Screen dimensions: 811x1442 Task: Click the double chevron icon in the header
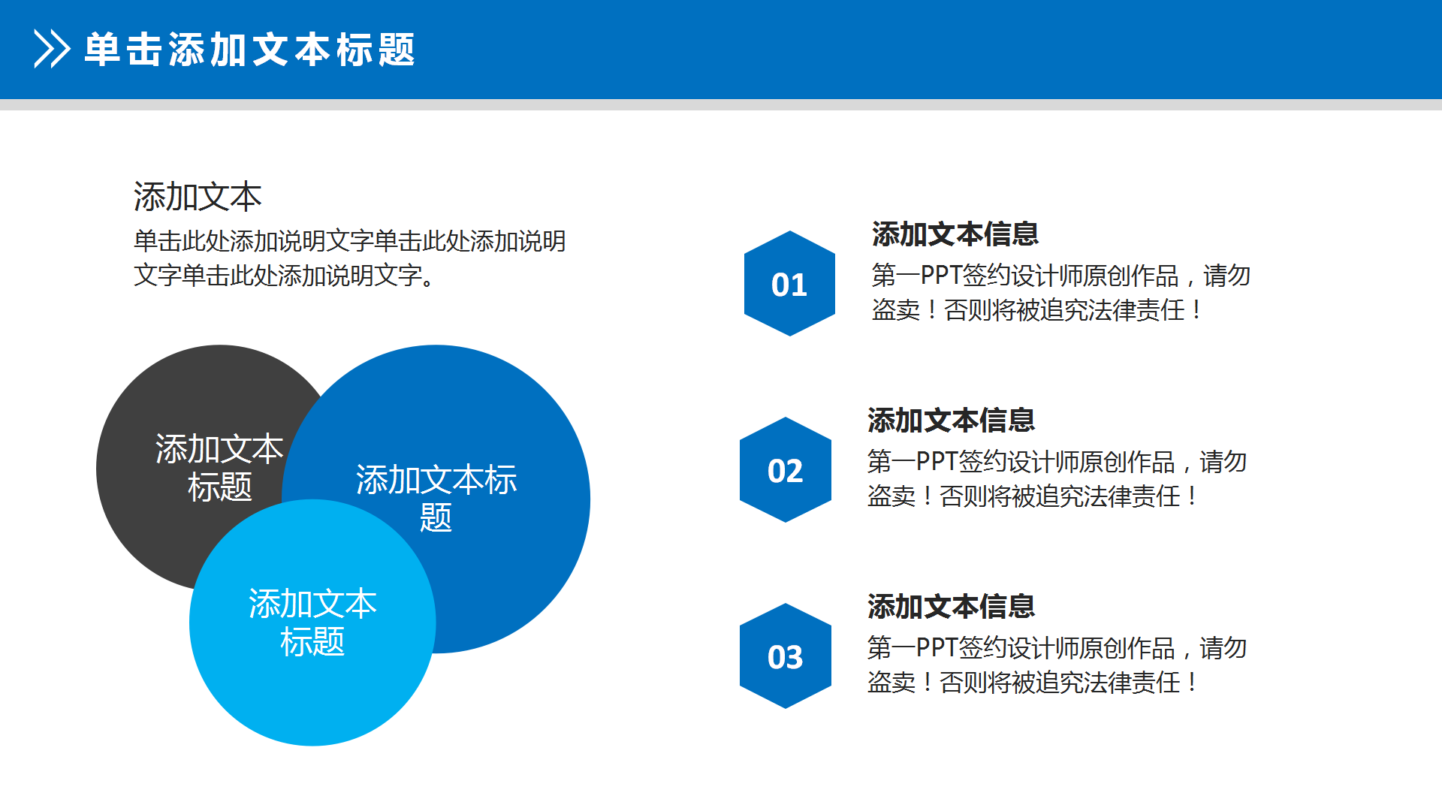pos(52,50)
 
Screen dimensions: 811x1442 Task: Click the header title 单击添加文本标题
pos(249,50)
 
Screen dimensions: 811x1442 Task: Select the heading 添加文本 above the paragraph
pos(198,197)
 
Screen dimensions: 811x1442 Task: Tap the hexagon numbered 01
pos(789,284)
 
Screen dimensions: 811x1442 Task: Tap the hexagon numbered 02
pos(786,470)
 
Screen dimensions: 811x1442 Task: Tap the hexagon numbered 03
pos(786,656)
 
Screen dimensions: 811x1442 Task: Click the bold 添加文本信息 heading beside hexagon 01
pos(955,234)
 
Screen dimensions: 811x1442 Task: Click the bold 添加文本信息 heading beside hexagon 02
pos(951,421)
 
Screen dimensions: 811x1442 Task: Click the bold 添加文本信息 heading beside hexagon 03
pos(951,607)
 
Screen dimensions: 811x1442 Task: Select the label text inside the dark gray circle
pos(219,467)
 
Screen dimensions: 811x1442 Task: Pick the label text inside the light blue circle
pos(312,623)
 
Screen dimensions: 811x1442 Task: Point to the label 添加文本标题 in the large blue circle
pos(436,497)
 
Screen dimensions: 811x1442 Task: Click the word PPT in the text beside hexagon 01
pos(940,276)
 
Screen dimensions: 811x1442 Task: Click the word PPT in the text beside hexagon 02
pos(937,462)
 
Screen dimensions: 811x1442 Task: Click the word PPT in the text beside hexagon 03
pos(937,648)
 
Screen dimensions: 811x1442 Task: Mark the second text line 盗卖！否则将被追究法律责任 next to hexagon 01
pos(1036,310)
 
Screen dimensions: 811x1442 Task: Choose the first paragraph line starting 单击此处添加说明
pos(349,241)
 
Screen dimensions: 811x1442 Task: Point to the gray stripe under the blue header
pos(721,104)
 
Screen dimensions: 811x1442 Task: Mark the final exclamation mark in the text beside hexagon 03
pos(1192,683)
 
